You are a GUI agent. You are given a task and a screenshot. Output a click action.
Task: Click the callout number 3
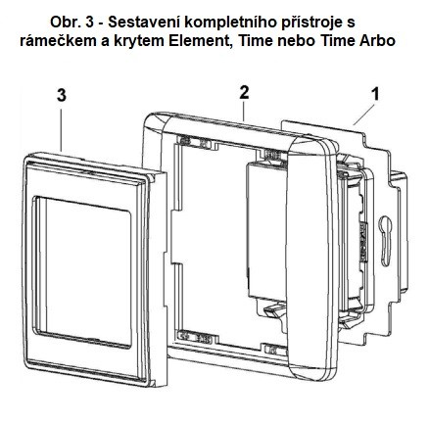click(62, 96)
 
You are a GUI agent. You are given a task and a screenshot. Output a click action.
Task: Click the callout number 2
click(244, 93)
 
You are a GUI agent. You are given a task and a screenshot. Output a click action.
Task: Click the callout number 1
click(376, 94)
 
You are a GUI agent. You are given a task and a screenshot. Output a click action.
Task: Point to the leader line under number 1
click(363, 114)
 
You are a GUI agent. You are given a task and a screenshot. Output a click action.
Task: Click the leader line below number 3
click(61, 129)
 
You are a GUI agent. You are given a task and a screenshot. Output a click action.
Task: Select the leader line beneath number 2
click(243, 111)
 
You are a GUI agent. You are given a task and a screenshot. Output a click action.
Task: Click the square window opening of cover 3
click(83, 272)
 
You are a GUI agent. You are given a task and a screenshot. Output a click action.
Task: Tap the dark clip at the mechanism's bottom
click(273, 311)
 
